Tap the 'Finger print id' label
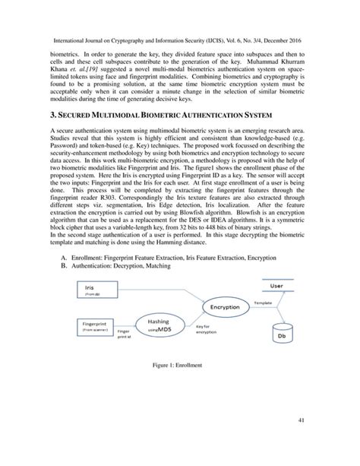(125, 334)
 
